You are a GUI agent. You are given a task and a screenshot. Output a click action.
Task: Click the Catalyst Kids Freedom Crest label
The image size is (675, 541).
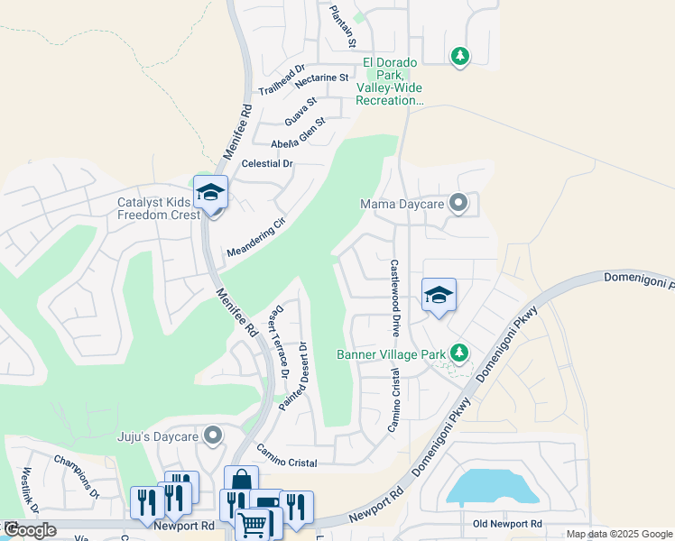pos(159,208)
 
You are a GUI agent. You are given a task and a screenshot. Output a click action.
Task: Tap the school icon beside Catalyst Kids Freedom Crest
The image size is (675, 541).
pos(211,193)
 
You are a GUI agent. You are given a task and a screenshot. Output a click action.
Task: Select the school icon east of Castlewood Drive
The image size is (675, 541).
pos(439,296)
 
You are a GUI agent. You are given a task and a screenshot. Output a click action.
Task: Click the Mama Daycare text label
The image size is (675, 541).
pos(402,204)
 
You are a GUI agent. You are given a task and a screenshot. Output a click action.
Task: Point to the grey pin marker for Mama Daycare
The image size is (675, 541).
pos(459,204)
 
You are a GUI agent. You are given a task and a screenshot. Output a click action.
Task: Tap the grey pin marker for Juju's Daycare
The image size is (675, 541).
pos(213,437)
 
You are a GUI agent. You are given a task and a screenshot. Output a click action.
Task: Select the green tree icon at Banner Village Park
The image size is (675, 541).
pos(459,352)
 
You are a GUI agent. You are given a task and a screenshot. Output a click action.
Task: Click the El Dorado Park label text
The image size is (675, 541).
pos(390,81)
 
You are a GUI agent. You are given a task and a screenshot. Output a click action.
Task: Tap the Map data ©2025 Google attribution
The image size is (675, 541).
pos(619,534)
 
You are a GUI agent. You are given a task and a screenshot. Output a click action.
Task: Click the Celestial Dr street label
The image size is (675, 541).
pos(268,164)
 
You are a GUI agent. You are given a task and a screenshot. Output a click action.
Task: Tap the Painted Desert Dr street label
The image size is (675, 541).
pos(293,377)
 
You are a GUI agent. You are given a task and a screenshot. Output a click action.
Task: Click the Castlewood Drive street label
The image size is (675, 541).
pos(394,298)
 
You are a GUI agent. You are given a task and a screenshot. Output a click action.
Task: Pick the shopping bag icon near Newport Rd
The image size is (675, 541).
pos(241,481)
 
